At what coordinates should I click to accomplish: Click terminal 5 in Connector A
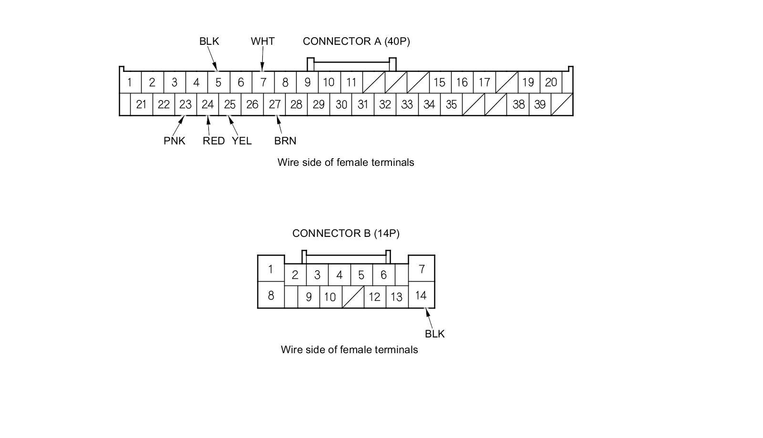coord(218,82)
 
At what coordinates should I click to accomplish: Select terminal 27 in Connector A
coord(275,104)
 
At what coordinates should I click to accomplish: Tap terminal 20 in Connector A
coord(551,82)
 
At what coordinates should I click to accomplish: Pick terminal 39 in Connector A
coord(540,104)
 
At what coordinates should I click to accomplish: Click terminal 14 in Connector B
coord(421,295)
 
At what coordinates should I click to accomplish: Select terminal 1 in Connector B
coord(270,269)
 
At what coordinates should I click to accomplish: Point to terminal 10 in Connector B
coord(330,297)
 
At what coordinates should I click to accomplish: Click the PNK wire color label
coord(175,141)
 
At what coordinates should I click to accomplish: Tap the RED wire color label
coord(214,141)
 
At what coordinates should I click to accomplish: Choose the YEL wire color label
coord(242,141)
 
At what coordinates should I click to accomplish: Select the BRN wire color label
coord(285,141)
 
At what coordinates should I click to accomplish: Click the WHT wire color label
coord(263,41)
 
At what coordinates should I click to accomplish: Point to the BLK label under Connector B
coord(434,334)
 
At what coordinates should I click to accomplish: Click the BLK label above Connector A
coord(209,41)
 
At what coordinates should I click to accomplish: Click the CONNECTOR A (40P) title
coord(356,41)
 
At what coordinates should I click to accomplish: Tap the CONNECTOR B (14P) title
coord(346,234)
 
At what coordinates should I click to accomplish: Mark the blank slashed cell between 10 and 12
coord(353,297)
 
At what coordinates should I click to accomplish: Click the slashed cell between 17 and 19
coord(506,82)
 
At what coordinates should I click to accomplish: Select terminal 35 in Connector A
coord(451,104)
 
